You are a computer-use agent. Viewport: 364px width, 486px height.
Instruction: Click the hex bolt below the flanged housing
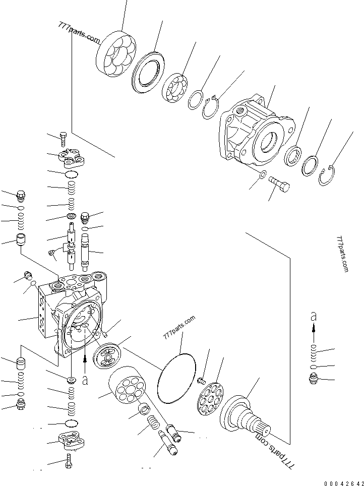coord(280,184)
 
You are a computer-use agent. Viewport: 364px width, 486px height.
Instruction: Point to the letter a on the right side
coord(314,317)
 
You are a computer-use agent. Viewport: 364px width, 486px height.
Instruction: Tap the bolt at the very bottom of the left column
coord(69,461)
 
